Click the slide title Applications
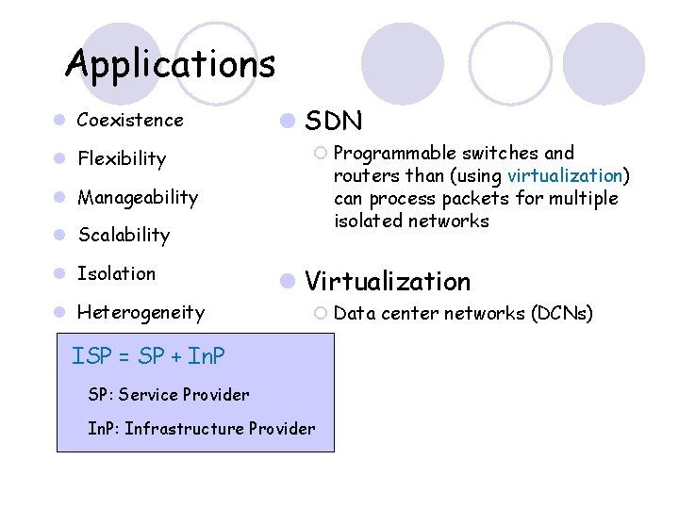(x=170, y=65)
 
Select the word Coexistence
(x=130, y=120)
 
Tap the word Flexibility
(x=122, y=158)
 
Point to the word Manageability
(x=138, y=197)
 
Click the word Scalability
(x=124, y=235)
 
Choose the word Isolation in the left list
(x=116, y=273)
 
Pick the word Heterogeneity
(x=141, y=312)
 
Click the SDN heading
(x=334, y=121)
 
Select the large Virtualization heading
(x=388, y=281)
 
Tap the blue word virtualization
(x=565, y=175)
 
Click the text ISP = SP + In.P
(x=148, y=356)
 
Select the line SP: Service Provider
(x=169, y=394)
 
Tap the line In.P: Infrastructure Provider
(x=201, y=429)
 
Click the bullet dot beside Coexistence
(x=59, y=120)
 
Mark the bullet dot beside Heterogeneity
(x=59, y=312)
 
